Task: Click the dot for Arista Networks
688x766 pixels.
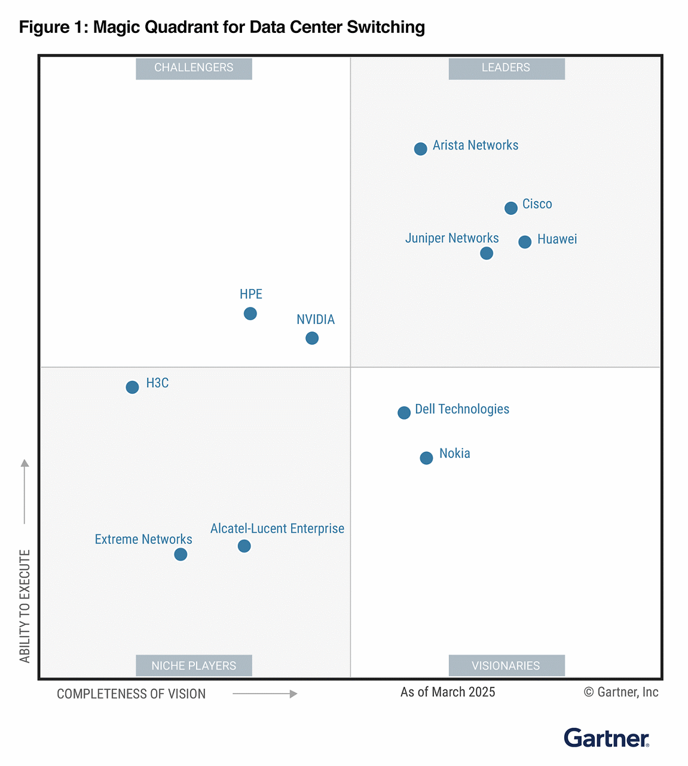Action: pos(420,148)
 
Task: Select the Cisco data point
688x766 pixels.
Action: pos(510,208)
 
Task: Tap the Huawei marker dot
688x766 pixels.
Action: pos(524,242)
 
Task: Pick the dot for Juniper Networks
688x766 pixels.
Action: pos(487,253)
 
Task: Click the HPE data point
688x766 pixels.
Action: pos(250,314)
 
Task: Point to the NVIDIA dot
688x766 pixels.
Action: pos(312,338)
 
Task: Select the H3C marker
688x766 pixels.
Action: pos(132,387)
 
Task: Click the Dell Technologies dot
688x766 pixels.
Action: pos(404,412)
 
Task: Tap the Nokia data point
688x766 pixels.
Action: pos(426,458)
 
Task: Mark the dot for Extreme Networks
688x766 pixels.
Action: pos(181,555)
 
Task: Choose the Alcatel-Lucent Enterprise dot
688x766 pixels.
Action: pos(244,546)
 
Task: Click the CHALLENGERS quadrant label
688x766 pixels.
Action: pos(194,68)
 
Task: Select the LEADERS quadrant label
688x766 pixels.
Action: pos(506,68)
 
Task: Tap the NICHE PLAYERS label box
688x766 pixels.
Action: pos(194,665)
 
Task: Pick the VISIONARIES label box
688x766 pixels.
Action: pos(506,665)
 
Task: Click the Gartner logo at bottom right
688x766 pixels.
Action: pos(606,738)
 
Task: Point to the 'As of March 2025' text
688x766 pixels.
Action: pos(448,692)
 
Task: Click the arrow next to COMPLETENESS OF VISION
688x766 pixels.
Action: pos(265,694)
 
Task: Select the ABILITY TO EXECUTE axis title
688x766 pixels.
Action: pos(25,606)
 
